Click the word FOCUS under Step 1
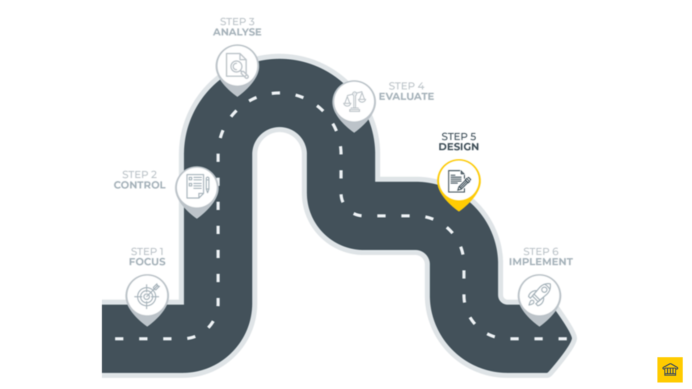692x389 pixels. pos(147,262)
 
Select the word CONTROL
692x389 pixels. pos(140,185)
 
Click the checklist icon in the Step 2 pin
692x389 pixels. pos(197,186)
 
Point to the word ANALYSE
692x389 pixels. pos(237,32)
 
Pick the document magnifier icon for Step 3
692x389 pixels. pos(237,66)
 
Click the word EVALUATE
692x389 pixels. pos(406,97)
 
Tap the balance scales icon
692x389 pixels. pos(354,102)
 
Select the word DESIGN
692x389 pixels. pos(459,147)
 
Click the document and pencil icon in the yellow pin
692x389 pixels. pos(459,181)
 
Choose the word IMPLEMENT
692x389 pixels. pos(541,262)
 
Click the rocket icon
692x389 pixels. pos(539,295)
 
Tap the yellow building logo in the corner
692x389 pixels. pos(670,370)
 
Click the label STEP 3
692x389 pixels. pos(237,22)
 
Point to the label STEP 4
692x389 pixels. pos(406,86)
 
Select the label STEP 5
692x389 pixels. pos(459,136)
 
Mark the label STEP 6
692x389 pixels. pos(541,251)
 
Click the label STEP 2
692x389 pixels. pos(140,174)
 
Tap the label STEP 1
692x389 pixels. pos(147,251)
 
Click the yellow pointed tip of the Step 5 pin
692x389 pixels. pos(459,207)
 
